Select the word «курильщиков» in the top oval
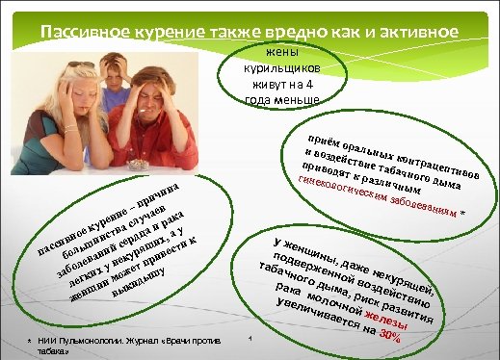tap(281, 70)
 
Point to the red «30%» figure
tap(389, 335)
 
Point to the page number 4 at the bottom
tap(249, 339)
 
